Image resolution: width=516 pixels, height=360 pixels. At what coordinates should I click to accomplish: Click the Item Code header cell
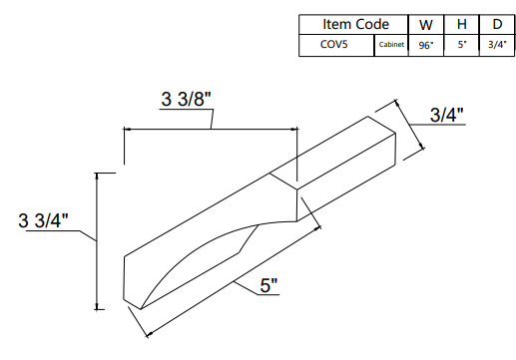(354, 24)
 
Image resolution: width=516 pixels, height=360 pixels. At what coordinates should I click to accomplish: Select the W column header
(425, 24)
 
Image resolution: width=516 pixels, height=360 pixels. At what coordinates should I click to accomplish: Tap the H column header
(461, 24)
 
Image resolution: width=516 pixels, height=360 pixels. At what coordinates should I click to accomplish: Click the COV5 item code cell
(335, 45)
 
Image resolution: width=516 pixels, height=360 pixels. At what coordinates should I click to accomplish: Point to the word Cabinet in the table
(390, 45)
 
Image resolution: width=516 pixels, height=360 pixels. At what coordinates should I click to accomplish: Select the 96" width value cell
(425, 45)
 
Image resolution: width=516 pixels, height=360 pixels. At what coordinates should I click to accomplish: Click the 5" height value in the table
(461, 45)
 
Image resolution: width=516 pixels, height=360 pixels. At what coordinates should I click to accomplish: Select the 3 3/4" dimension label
(46, 220)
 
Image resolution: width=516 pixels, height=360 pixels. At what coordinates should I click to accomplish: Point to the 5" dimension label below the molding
(268, 286)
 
